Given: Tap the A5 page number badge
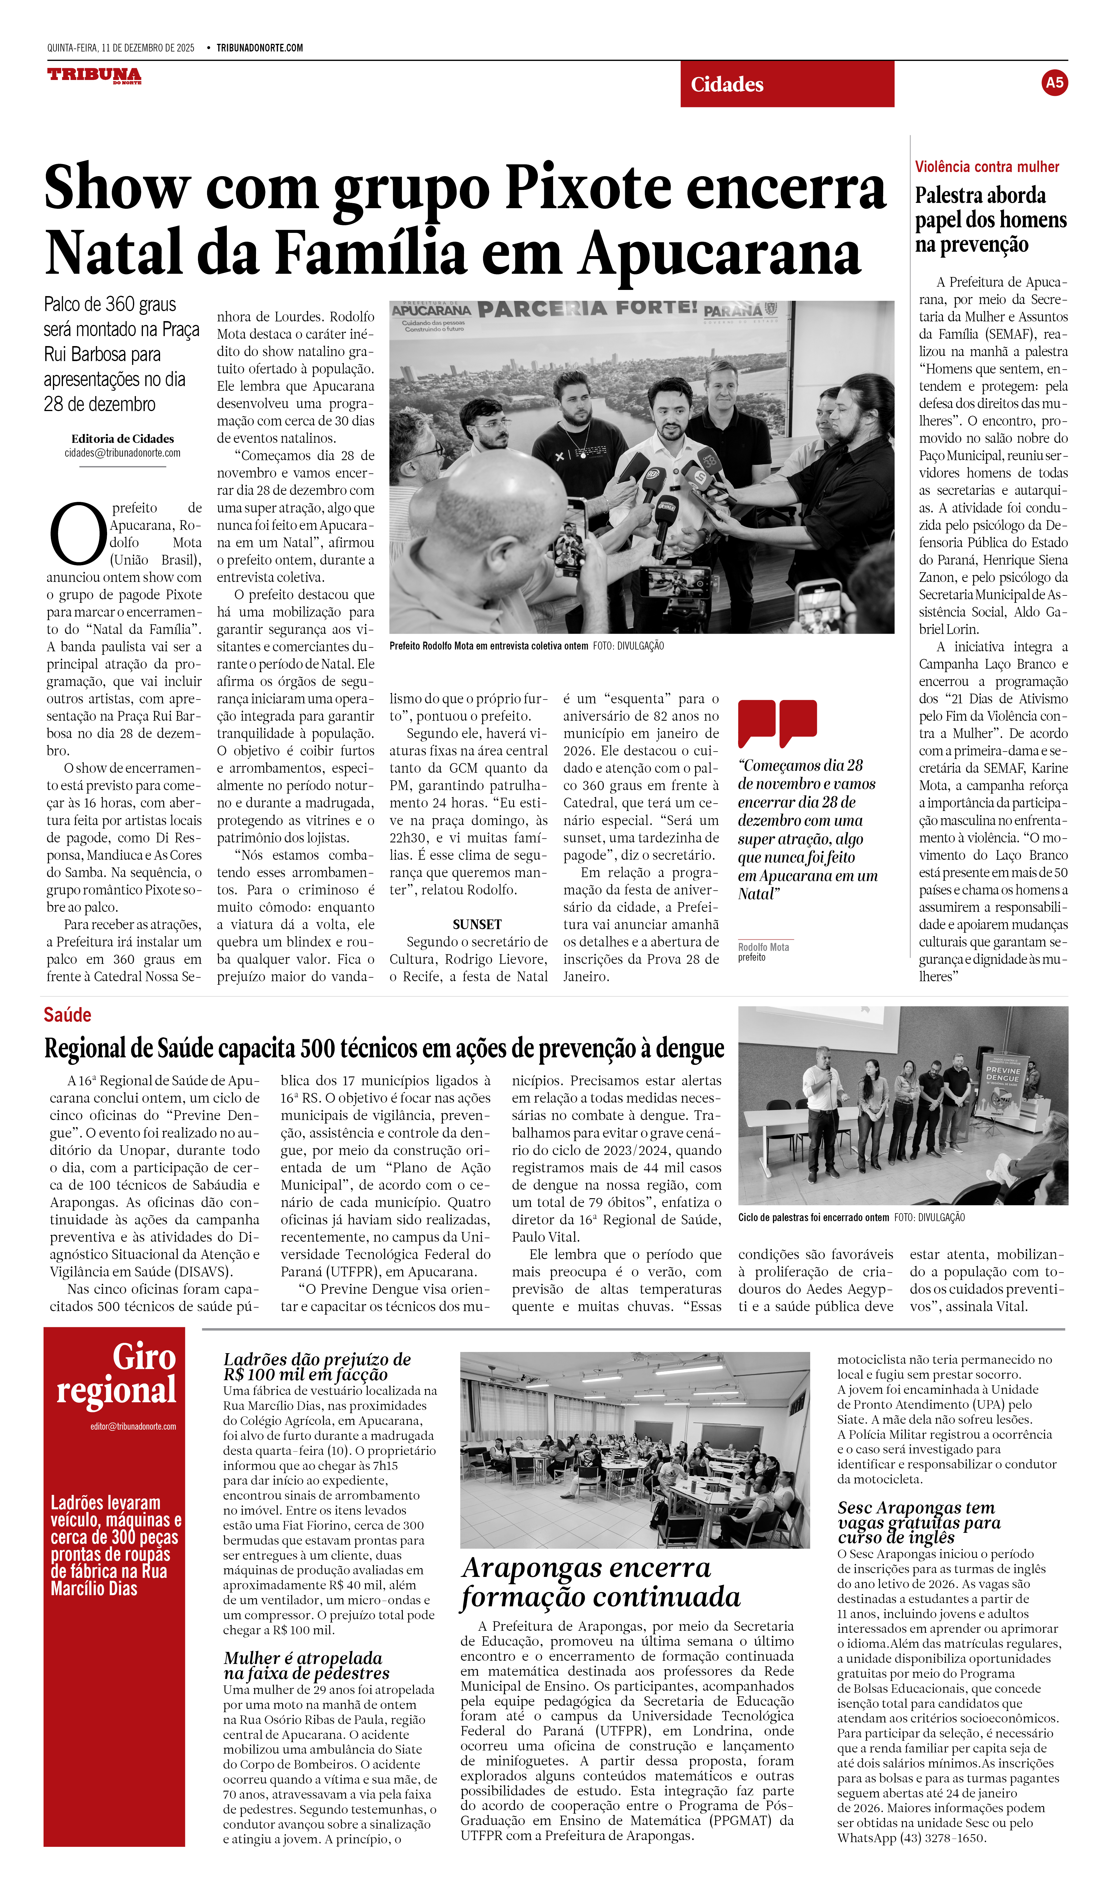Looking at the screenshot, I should click(x=1054, y=83).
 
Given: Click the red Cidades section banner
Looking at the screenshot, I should click(x=787, y=84).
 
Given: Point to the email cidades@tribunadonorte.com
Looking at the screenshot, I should click(x=122, y=453).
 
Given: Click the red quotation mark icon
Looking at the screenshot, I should click(x=777, y=723).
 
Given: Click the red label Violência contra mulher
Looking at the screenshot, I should click(x=986, y=167).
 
